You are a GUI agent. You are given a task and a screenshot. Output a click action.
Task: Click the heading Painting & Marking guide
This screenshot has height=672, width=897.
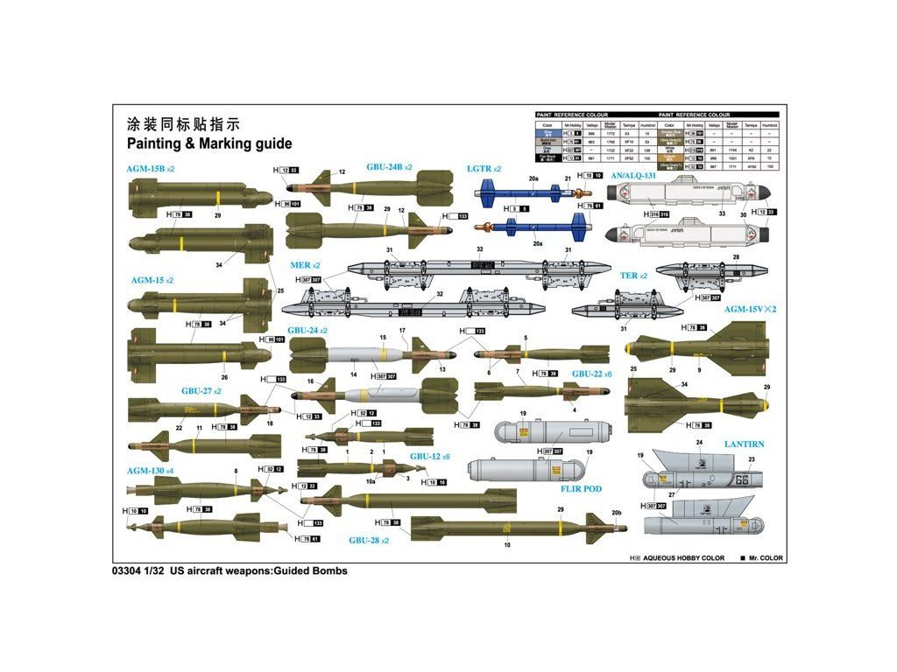coord(209,143)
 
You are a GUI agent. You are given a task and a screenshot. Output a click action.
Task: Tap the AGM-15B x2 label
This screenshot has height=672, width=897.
coord(152,168)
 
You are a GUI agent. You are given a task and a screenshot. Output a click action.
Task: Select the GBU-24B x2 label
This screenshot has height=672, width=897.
coord(389,167)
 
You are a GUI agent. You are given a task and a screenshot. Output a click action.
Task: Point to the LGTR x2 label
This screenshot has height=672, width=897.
coord(484,168)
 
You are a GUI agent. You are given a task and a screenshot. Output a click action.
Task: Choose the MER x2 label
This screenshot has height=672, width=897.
coord(306,264)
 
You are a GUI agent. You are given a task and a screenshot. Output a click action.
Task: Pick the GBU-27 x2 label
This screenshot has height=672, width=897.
coord(201,391)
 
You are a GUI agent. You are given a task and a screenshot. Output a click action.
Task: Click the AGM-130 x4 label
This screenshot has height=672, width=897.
coord(150,471)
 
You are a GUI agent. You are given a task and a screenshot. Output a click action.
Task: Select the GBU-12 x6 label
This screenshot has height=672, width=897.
coord(429,457)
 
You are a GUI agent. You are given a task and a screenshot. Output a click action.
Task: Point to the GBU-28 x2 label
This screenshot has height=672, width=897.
coord(369,540)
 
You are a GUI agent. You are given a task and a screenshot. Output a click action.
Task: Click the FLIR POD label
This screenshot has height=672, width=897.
coord(581,489)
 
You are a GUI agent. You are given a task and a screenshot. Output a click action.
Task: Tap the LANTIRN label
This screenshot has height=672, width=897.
coord(744,444)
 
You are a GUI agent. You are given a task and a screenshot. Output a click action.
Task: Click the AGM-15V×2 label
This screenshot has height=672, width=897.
coord(750,309)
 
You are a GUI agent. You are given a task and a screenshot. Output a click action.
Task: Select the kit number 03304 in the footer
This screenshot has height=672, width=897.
coord(126,570)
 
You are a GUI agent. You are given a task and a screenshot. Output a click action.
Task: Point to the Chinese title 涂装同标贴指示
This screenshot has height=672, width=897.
coord(182,123)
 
